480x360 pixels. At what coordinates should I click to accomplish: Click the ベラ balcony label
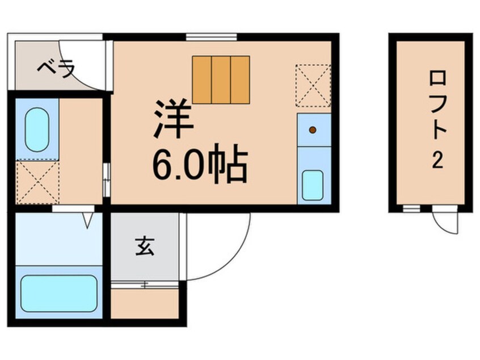point(56,69)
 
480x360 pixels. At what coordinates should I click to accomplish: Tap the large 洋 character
point(173,120)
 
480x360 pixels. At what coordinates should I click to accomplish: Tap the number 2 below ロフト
point(436,162)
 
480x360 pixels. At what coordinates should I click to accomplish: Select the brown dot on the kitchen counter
point(312,130)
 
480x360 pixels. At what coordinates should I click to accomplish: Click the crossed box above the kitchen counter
point(313,86)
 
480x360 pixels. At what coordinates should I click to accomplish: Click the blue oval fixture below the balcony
point(37,130)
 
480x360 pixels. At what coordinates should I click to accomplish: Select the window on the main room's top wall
point(211,37)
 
